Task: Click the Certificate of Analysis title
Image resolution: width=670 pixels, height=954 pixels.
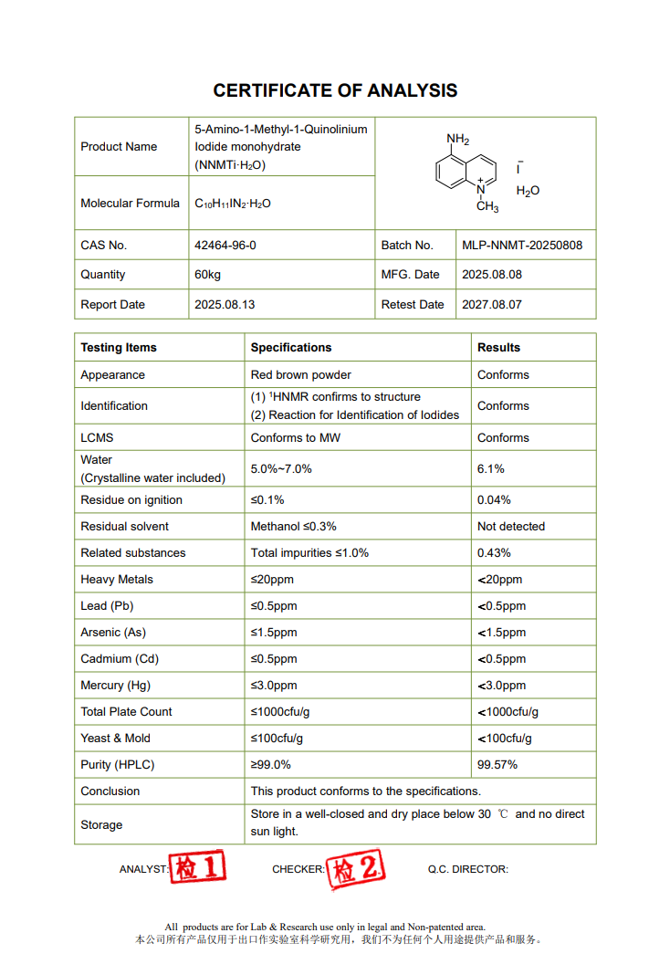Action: pos(335,90)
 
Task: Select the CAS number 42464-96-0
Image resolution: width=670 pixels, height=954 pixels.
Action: pos(225,246)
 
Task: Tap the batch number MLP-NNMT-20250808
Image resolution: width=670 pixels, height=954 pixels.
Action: pos(522,246)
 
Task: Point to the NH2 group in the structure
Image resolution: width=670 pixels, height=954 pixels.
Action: pos(457,140)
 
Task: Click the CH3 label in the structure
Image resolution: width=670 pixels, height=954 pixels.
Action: pos(487,207)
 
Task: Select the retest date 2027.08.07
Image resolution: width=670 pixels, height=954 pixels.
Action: pos(492,305)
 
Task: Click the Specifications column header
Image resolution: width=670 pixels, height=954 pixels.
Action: pos(291,348)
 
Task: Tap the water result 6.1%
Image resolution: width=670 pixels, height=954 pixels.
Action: pos(491,469)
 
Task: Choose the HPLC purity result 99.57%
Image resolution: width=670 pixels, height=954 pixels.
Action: pos(497,765)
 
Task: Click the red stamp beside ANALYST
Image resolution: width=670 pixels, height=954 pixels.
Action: pos(198,867)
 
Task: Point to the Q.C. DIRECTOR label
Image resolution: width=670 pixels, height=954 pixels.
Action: pos(468,870)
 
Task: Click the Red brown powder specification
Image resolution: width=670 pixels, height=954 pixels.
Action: pos(300,375)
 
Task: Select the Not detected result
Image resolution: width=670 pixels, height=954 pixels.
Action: pos(511,527)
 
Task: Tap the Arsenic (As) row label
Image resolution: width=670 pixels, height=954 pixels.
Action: pos(113,633)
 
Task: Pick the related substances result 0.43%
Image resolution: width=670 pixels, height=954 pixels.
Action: pos(494,553)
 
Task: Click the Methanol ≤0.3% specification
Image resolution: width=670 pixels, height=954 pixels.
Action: pos(293,527)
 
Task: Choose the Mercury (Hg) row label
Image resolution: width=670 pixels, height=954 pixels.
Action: pos(114,686)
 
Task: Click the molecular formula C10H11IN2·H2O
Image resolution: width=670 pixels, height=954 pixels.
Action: pos(233,204)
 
